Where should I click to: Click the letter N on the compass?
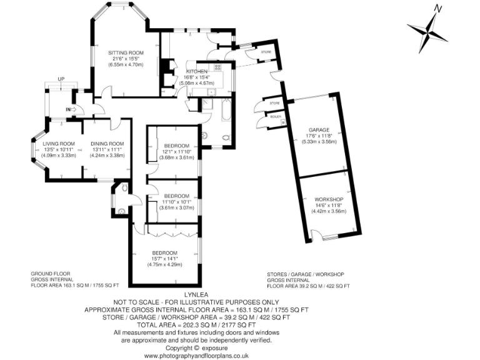[439, 9]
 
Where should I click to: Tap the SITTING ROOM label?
[126, 53]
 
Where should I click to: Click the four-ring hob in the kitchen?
[219, 67]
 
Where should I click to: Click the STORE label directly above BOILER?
[274, 101]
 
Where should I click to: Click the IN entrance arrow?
[70, 110]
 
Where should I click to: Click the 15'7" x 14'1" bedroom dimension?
[164, 258]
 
